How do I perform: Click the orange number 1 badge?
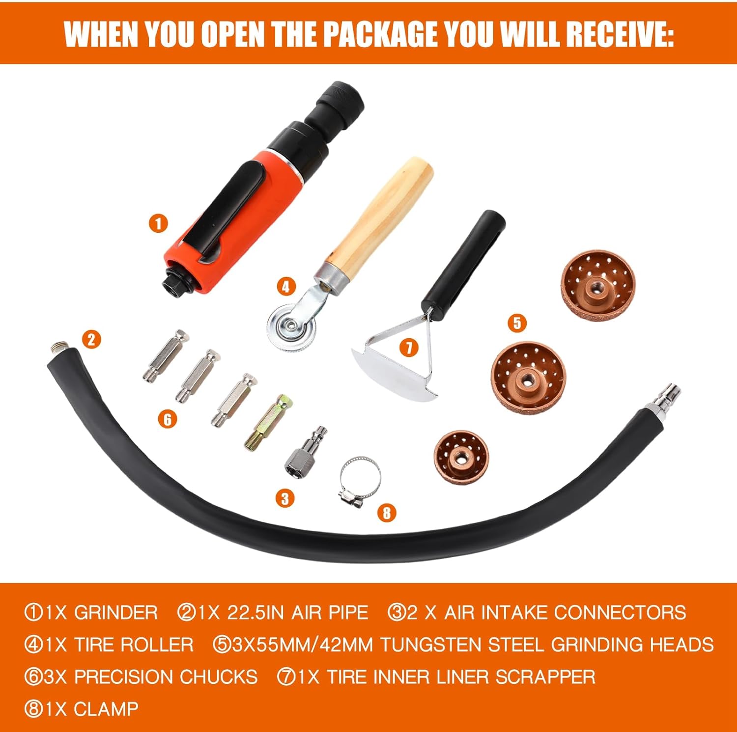pos(158,224)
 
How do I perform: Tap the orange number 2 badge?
pos(91,339)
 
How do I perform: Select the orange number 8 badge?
pos(387,513)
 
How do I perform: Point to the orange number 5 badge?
pos(517,323)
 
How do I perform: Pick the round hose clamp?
pos(360,481)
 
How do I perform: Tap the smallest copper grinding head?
pos(461,458)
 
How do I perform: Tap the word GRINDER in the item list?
pos(116,613)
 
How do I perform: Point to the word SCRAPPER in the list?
pos(545,677)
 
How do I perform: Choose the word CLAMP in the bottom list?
pos(106,709)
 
